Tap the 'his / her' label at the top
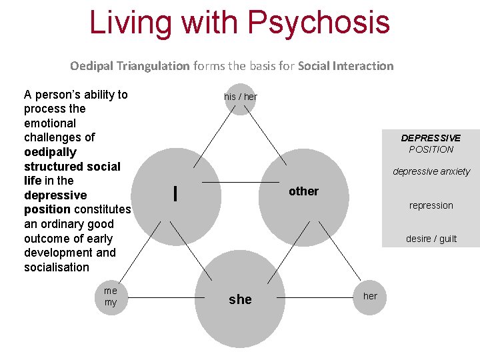tap(240, 97)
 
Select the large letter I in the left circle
tap(175, 193)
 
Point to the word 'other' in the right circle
tap(303, 191)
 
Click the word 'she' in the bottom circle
tap(240, 299)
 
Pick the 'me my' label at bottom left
tap(111, 297)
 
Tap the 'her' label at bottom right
tap(370, 296)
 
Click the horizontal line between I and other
tap(240, 182)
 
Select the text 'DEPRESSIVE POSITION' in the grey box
tap(431, 143)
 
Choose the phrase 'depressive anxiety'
tap(431, 171)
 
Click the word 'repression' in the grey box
tap(431, 205)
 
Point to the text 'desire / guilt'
tap(431, 239)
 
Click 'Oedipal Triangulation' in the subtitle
tap(130, 66)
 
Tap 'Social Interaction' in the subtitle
tap(345, 66)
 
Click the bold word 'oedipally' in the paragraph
tap(50, 152)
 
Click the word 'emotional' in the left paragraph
tap(50, 123)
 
